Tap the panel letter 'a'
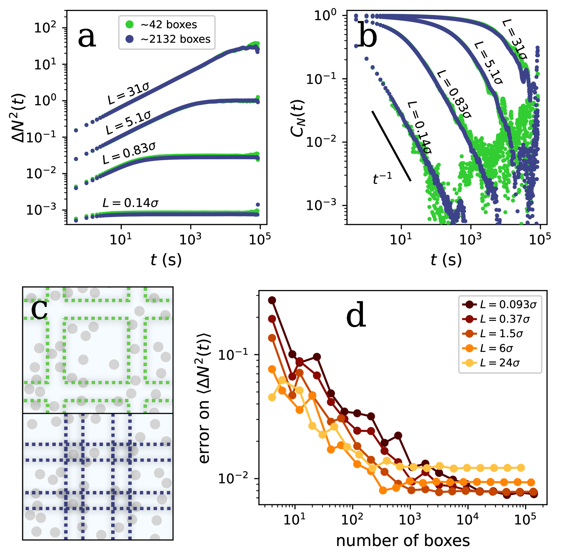pos(87,37)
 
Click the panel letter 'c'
pos(39,309)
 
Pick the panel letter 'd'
pos(356,317)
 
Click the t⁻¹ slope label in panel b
pos(382,178)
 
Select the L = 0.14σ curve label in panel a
pos(131,203)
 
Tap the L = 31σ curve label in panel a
pos(128,93)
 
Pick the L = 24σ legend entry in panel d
pos(499,363)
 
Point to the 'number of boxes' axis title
pos(403,541)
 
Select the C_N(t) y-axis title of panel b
pos(298,118)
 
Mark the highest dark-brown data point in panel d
pos(272,300)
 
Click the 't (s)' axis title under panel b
pos(446,260)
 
